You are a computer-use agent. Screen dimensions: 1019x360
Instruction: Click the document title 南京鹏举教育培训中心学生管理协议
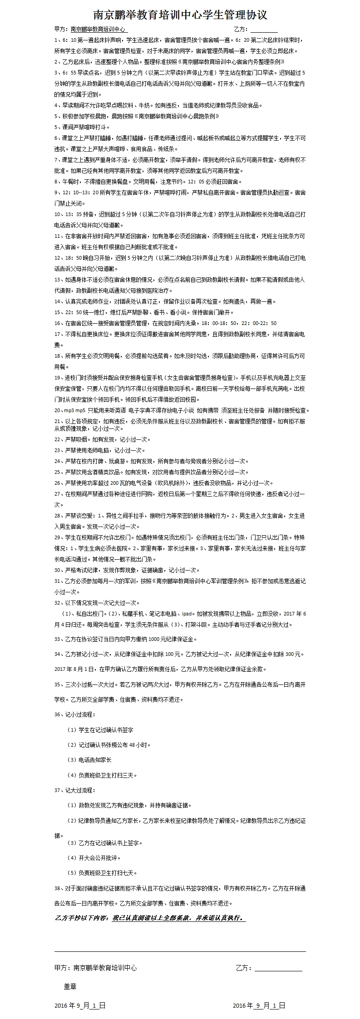(180, 15)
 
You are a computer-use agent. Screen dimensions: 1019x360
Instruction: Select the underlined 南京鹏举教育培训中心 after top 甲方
(99, 30)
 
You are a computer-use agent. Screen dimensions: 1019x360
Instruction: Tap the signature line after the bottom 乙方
(278, 968)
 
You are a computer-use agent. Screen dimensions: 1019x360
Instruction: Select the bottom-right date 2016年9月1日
(259, 1005)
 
